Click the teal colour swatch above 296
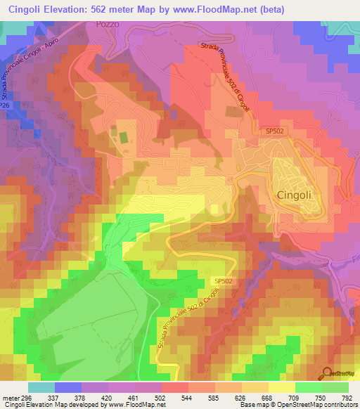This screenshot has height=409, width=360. pyautogui.click(x=41, y=387)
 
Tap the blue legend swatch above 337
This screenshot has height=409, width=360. pyautogui.click(x=68, y=387)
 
